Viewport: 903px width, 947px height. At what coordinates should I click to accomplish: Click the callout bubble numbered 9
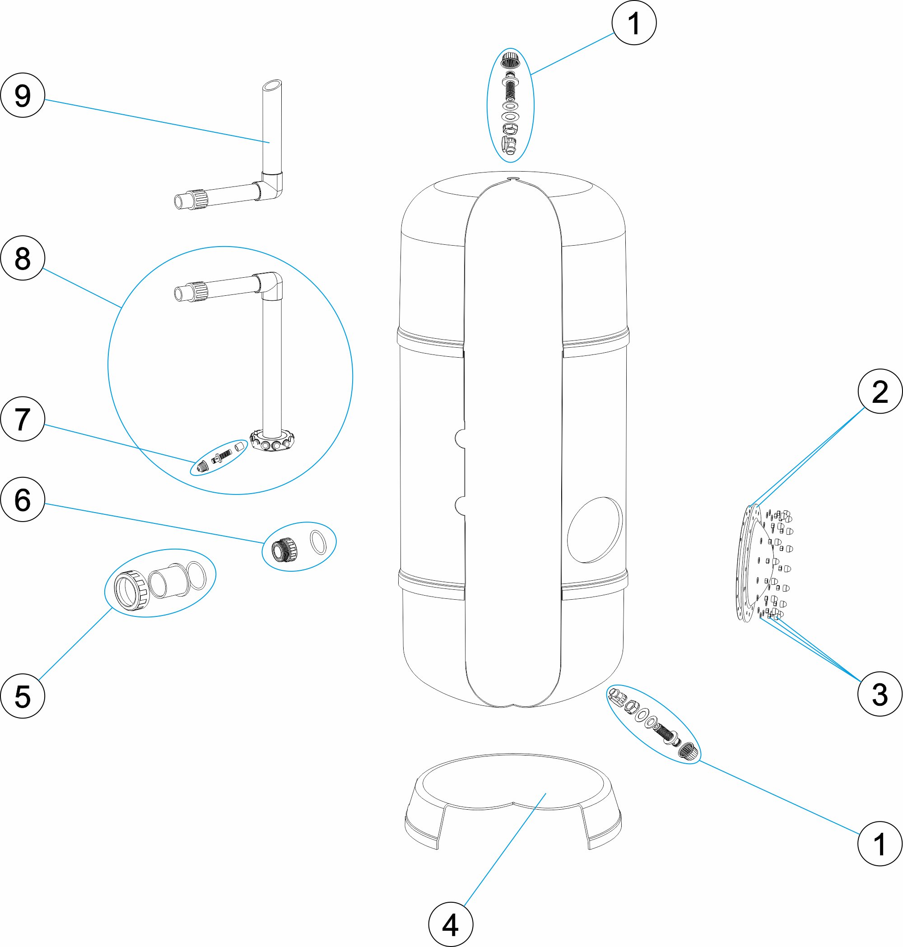[23, 95]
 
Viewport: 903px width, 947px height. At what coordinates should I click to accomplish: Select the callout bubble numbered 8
[23, 258]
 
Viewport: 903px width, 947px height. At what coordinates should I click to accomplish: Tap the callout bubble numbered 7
[23, 419]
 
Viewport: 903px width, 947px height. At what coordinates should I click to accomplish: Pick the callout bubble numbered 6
[23, 499]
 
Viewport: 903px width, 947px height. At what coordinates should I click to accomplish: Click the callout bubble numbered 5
[23, 696]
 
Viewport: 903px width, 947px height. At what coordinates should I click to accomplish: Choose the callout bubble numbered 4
[451, 925]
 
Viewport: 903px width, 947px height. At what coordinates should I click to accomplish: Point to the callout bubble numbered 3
[880, 694]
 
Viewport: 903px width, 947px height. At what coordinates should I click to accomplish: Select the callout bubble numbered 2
[880, 392]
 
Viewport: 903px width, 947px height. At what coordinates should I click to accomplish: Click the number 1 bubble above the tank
[634, 23]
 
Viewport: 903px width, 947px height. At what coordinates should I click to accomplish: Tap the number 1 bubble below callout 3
[880, 844]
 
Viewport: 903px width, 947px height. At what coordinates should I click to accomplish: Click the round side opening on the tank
[595, 530]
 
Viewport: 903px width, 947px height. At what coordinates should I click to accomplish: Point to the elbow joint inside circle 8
[271, 284]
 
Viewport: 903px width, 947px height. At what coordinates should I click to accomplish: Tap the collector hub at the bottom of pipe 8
[272, 440]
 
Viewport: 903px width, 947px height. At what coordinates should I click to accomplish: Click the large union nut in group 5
[131, 590]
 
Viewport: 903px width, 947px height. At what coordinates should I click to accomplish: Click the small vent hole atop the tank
[512, 179]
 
